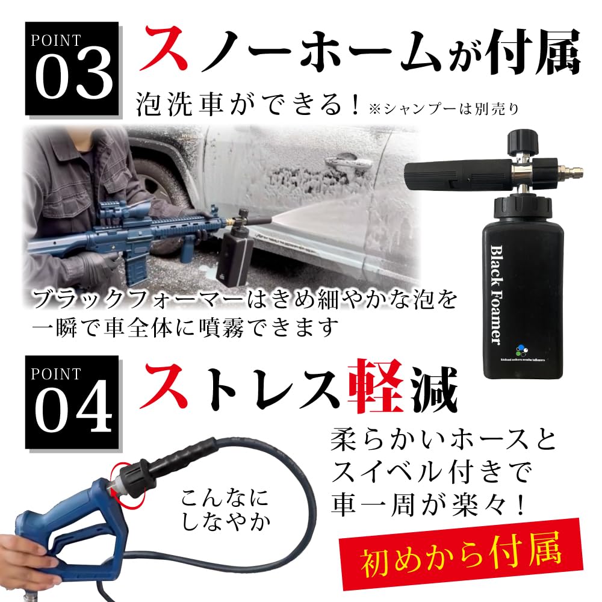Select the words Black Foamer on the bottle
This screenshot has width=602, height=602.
[x=497, y=295]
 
